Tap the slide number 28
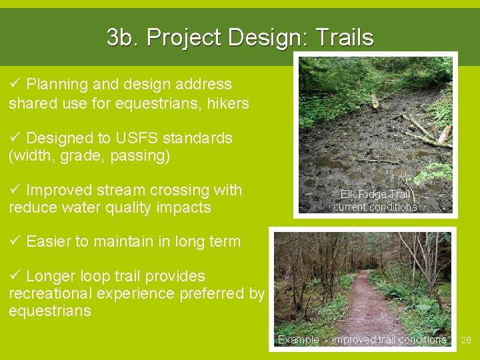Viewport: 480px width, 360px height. point(466,340)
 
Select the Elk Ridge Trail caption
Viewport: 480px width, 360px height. point(375,195)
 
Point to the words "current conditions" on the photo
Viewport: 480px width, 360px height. point(375,207)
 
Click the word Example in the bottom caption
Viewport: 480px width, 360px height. point(298,340)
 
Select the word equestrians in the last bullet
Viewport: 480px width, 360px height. point(50,311)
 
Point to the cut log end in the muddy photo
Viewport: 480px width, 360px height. point(375,101)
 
